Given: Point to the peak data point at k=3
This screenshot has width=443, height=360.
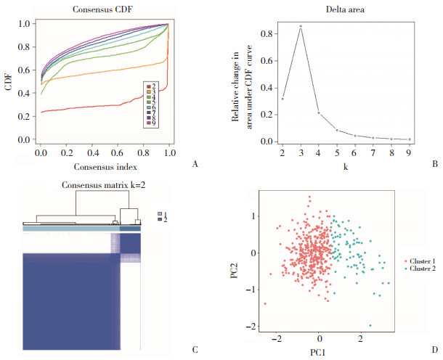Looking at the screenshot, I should pyautogui.click(x=301, y=26).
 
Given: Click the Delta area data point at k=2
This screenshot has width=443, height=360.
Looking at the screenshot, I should pyautogui.click(x=282, y=99).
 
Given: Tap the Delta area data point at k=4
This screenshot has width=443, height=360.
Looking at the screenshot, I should pyautogui.click(x=319, y=112).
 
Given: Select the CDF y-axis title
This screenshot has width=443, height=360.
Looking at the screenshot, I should pyautogui.click(x=9, y=81).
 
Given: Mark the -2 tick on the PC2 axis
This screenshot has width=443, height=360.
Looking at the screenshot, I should pyautogui.click(x=253, y=327).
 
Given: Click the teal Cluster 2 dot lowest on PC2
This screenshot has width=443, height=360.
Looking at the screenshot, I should pyautogui.click(x=370, y=325).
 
